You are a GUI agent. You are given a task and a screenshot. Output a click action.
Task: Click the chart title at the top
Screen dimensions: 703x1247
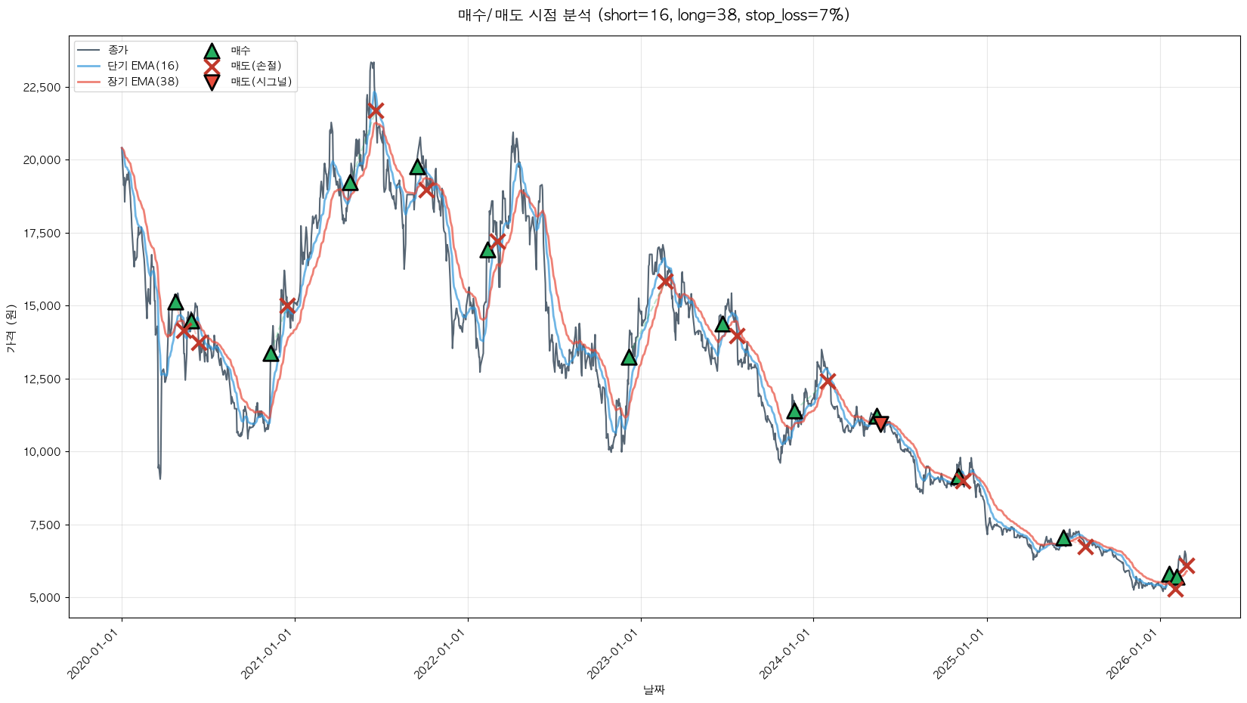pos(654,15)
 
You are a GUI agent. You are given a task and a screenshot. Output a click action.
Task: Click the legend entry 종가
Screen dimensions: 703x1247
pos(118,51)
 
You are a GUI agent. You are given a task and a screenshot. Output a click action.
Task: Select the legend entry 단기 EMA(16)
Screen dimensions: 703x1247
pos(143,66)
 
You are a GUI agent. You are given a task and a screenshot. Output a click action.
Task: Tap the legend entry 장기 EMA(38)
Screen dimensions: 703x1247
pos(143,82)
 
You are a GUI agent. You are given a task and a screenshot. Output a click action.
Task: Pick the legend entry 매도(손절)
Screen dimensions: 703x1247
pos(255,66)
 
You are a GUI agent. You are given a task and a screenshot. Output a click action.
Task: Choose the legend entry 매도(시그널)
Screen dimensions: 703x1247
pos(261,82)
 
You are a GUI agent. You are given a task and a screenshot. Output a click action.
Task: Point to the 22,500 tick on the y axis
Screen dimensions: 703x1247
pos(42,88)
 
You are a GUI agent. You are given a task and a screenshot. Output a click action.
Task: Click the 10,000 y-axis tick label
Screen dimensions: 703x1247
pos(42,452)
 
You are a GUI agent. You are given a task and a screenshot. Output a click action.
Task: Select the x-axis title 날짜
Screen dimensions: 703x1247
pos(654,689)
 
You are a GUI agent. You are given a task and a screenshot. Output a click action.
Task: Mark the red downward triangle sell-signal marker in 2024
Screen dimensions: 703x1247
pos(880,423)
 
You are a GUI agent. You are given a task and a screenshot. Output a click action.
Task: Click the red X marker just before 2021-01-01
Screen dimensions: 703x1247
pos(287,305)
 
